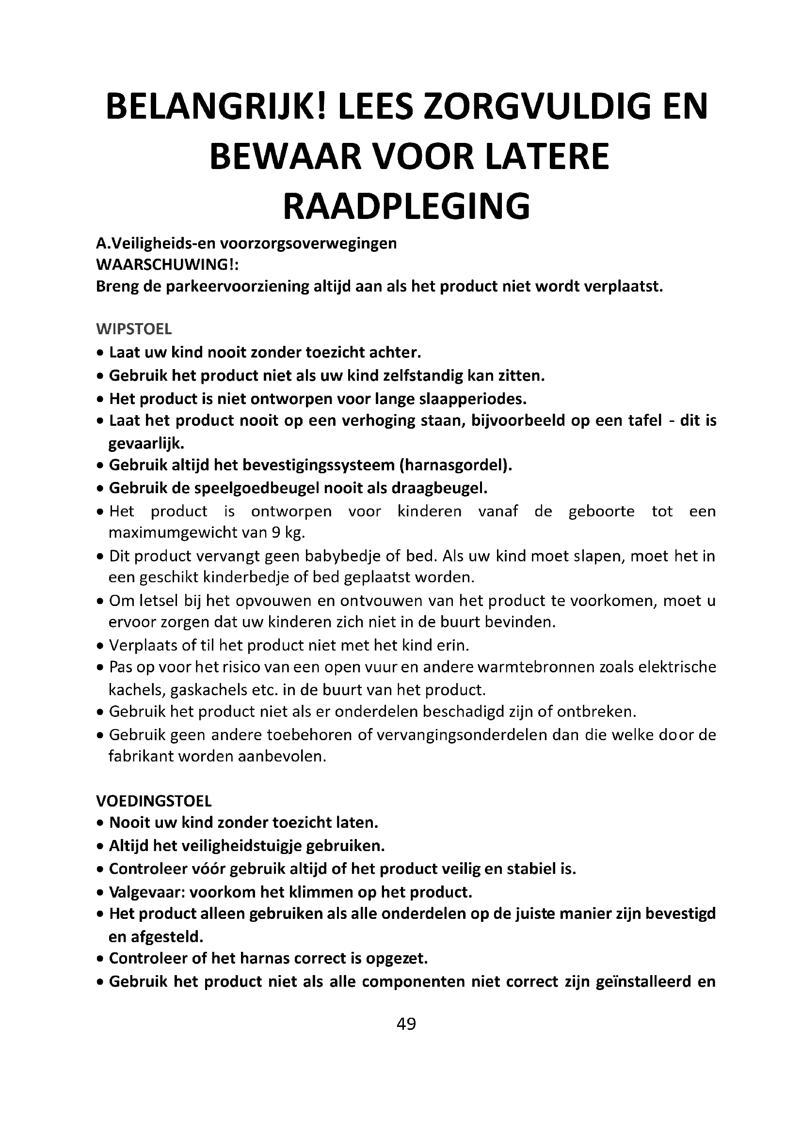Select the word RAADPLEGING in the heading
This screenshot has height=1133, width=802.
[406, 206]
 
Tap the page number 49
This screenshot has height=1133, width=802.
[406, 1024]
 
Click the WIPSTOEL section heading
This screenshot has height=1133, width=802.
[134, 328]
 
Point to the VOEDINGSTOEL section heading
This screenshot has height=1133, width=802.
[154, 800]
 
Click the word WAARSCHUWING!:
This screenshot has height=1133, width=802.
[167, 264]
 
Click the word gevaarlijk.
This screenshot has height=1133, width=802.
[146, 443]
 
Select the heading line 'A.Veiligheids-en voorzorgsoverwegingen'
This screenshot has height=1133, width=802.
[246, 243]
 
